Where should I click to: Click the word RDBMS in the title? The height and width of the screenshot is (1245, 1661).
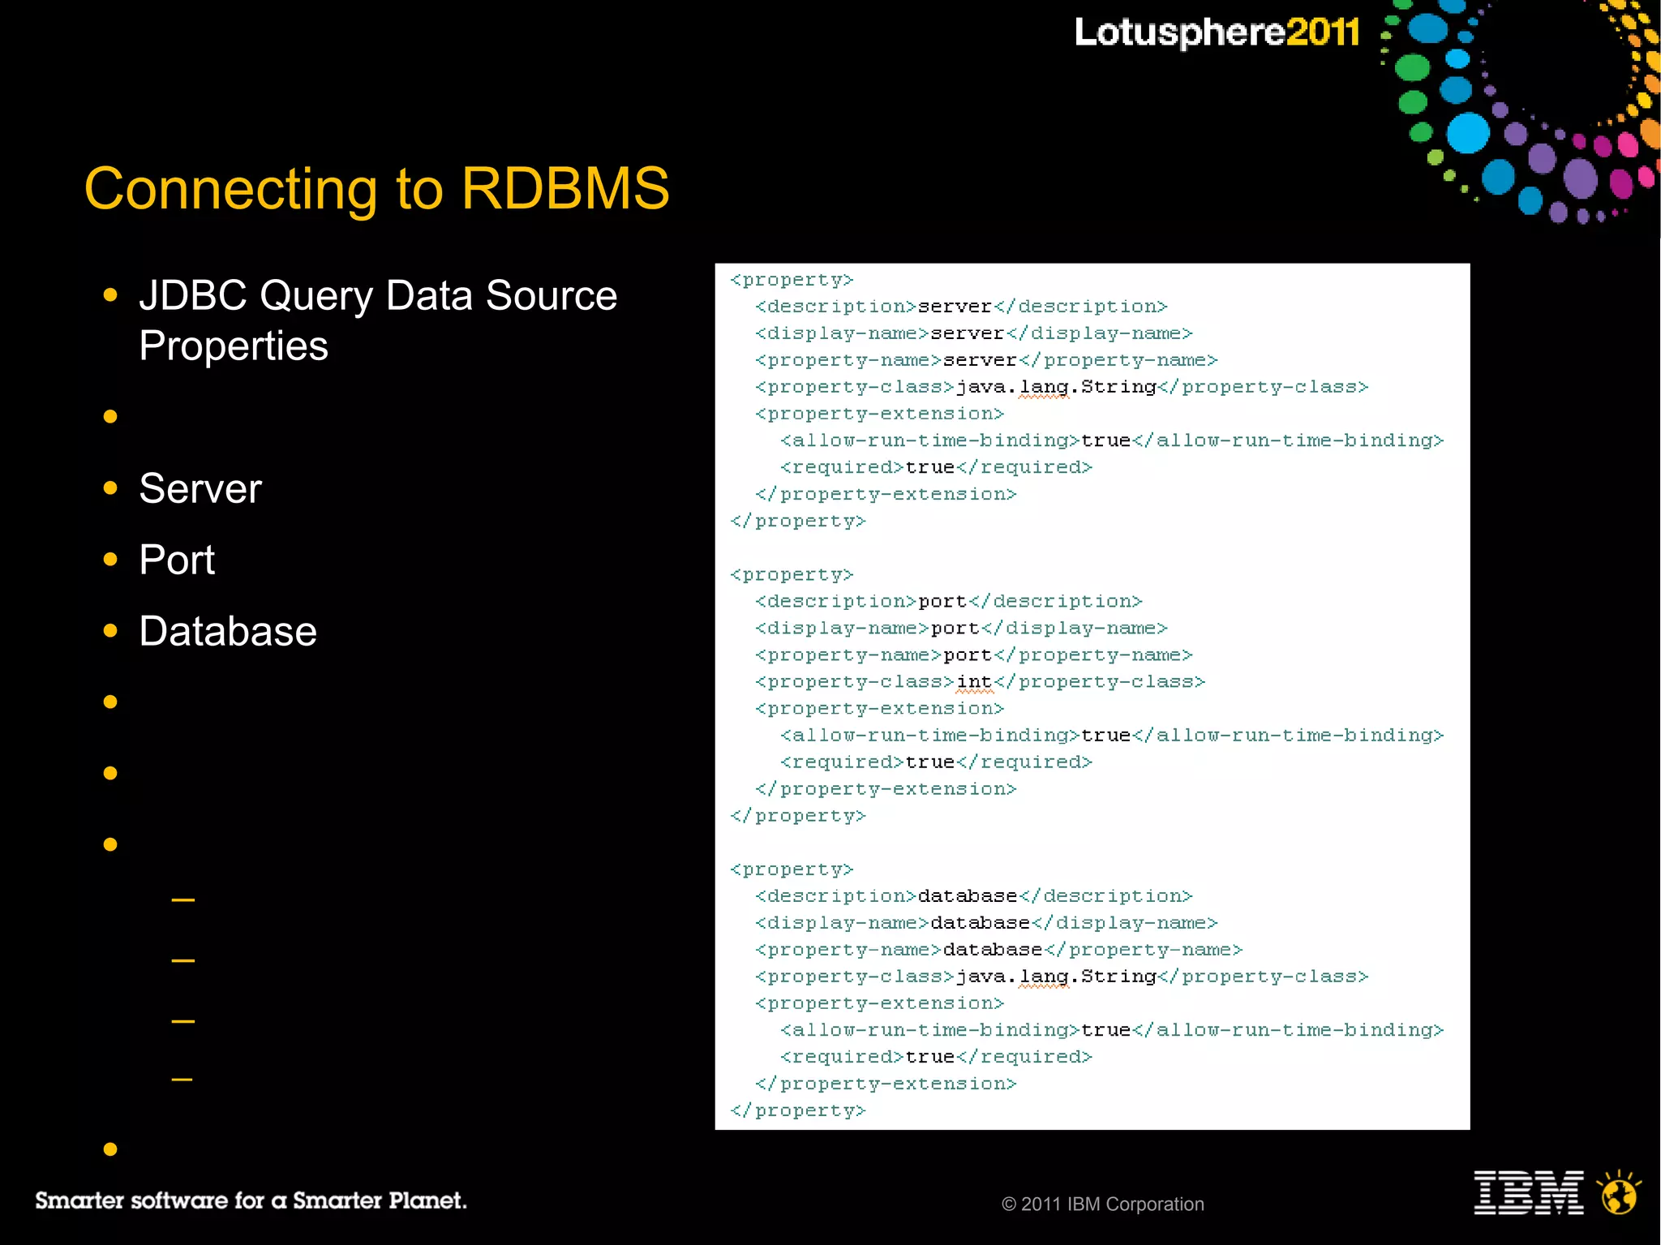tap(565, 189)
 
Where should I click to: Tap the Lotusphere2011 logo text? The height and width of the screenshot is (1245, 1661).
tap(1217, 32)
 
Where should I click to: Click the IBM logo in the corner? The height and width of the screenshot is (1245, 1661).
tap(1528, 1192)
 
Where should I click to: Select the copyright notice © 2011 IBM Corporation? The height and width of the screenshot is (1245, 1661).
tap(1102, 1204)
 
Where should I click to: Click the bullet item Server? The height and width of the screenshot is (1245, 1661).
tap(200, 489)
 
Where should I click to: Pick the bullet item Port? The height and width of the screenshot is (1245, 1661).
tap(177, 560)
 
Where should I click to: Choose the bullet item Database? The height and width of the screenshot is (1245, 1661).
tap(228, 632)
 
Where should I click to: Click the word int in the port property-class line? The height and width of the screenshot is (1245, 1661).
tap(974, 682)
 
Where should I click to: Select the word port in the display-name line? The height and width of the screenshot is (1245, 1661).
tap(955, 629)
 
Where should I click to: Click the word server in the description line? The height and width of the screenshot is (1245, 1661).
tap(955, 307)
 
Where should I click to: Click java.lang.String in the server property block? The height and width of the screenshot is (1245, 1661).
tap(1056, 387)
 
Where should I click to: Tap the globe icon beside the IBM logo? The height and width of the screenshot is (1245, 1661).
tap(1619, 1193)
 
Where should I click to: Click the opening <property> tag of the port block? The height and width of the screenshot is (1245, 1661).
tap(792, 575)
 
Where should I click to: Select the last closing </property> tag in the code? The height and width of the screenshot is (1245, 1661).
tap(798, 1111)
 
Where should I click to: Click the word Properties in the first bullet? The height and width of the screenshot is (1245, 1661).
tap(234, 346)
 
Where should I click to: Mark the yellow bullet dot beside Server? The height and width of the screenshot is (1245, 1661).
tap(111, 488)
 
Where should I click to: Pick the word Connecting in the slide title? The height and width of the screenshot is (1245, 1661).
tap(230, 189)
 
